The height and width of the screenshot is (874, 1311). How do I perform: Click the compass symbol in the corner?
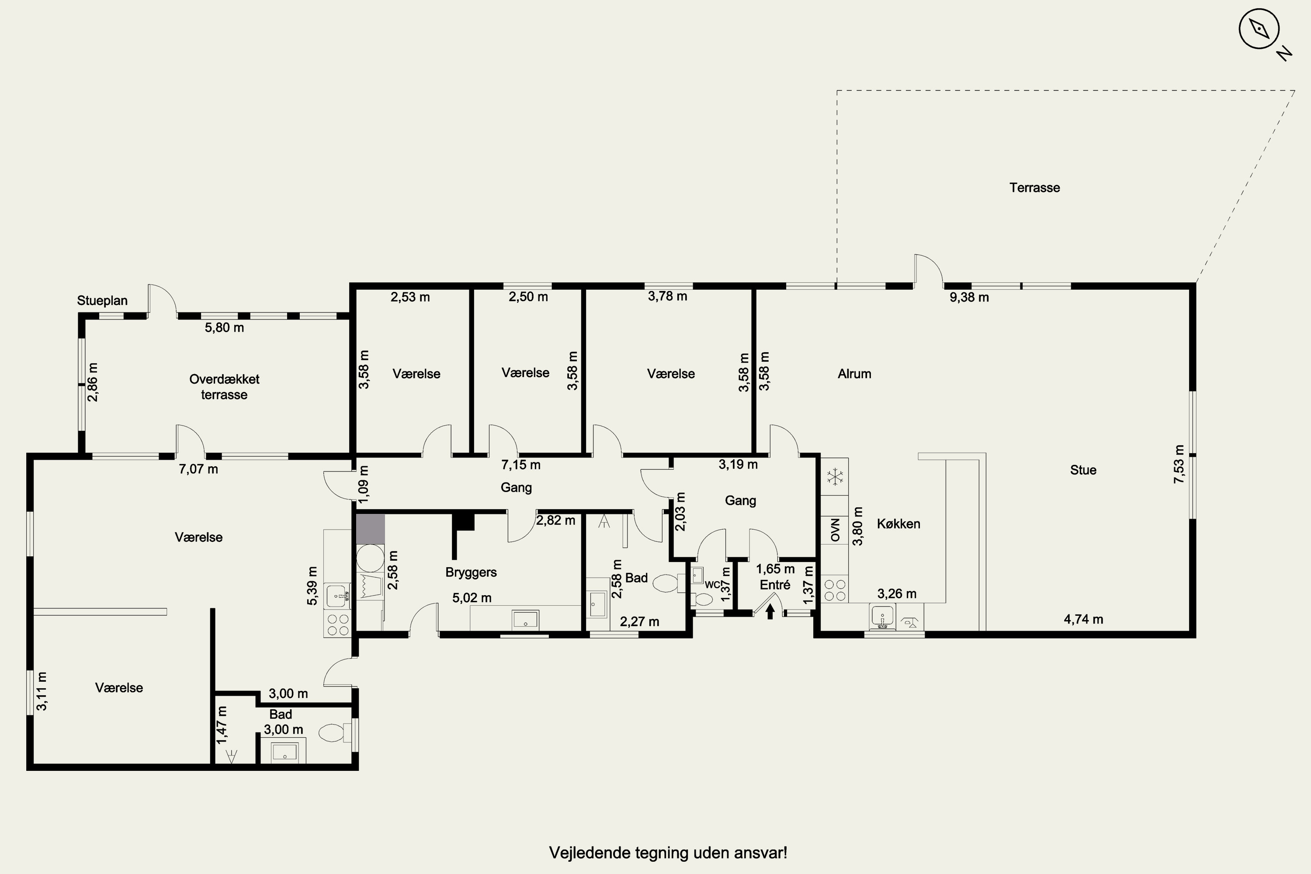tap(1258, 29)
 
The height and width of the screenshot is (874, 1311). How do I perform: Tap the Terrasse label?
tap(1034, 188)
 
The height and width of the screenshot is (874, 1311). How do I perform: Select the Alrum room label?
tap(854, 374)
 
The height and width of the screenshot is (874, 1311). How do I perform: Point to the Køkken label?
tap(898, 524)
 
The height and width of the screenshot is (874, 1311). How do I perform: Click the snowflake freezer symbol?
tap(834, 477)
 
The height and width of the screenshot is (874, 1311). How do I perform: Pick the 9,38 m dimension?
tap(969, 298)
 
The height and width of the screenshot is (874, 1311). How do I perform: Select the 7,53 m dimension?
tap(1178, 464)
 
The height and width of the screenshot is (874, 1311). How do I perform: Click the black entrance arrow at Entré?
tap(770, 612)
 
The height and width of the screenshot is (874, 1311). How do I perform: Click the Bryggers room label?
tap(471, 572)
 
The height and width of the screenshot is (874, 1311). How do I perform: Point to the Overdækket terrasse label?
tap(224, 387)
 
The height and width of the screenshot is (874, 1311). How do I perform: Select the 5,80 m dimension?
tap(224, 328)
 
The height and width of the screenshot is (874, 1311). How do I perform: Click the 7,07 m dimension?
tap(198, 469)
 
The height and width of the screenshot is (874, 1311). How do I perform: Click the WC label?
tap(712, 585)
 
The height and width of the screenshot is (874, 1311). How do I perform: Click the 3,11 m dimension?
tap(42, 691)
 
